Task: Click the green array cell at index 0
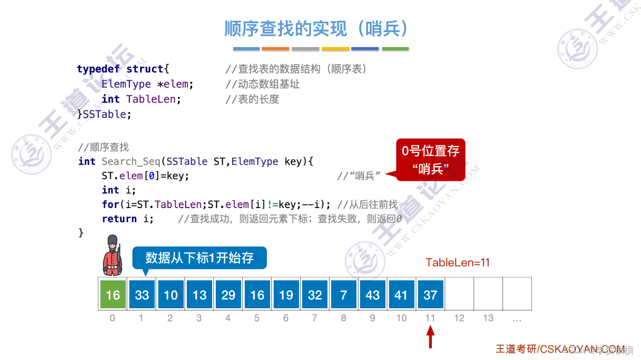[x=113, y=294]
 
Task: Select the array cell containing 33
[x=142, y=294]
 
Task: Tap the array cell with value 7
[x=344, y=294]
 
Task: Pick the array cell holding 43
[x=372, y=294]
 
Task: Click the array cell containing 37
[x=430, y=294]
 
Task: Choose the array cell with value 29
[x=228, y=294]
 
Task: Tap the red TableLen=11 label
[x=457, y=263]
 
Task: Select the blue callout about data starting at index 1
[x=200, y=258]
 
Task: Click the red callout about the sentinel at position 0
[x=430, y=159]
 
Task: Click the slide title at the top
[x=316, y=29]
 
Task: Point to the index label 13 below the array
[x=488, y=318]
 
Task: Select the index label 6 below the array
[x=286, y=318]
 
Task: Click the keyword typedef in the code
[x=98, y=69]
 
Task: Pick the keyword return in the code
[x=120, y=219]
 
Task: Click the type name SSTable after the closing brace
[x=107, y=114]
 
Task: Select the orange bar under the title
[x=275, y=49]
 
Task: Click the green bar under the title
[x=395, y=49]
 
